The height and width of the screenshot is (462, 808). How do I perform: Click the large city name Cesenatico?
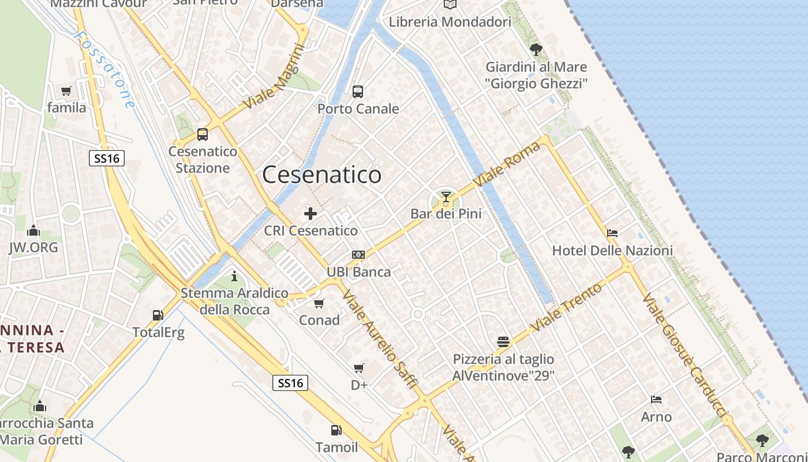321,174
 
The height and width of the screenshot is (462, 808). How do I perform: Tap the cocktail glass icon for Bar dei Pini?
446,197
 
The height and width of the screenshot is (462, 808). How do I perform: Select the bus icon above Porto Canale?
358,91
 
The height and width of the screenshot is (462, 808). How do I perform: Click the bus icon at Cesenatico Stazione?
202,135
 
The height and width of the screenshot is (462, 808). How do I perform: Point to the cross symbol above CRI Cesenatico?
311,214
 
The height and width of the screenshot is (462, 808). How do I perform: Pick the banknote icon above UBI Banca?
358,255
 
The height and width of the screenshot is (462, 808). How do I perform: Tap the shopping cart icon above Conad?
319,303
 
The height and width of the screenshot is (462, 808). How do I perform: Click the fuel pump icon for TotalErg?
158,315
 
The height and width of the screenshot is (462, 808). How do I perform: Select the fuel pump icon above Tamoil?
336,430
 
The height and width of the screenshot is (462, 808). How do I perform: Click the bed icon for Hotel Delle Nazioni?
612,233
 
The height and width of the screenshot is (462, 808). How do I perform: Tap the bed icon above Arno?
656,400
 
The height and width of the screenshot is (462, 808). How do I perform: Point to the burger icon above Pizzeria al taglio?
503,342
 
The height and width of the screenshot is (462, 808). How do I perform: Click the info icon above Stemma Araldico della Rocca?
234,277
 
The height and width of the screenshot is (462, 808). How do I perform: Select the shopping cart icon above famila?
66,91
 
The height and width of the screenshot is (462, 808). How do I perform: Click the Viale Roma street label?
507,164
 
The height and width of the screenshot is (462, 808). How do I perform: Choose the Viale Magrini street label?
274,77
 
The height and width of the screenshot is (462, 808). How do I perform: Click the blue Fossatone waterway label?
105,69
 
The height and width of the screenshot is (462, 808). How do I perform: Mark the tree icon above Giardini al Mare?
536,49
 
